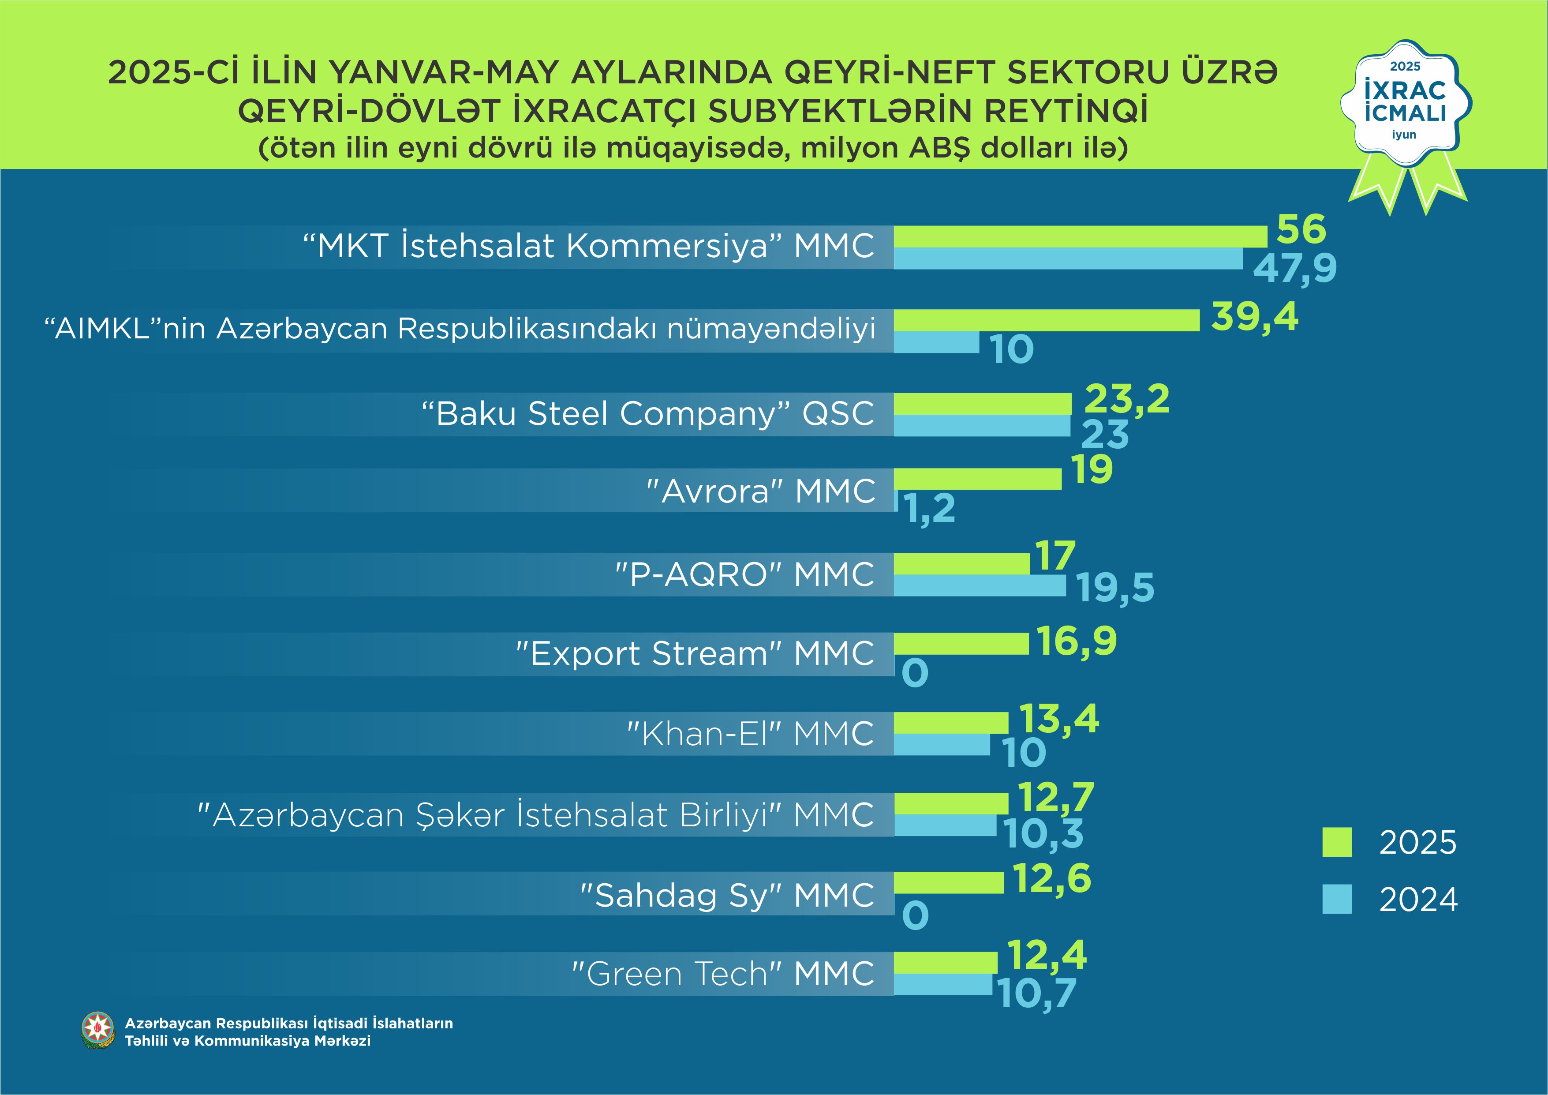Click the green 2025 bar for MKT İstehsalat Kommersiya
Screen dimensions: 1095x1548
(x=1080, y=236)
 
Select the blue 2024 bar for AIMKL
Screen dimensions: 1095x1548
(x=936, y=342)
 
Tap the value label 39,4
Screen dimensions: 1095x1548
(x=1254, y=317)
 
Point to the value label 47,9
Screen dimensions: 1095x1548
(x=1294, y=268)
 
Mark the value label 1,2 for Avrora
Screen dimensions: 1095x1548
(x=931, y=509)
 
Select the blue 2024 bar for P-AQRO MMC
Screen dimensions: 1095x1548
(x=980, y=586)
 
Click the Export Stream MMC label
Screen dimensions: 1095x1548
(x=695, y=653)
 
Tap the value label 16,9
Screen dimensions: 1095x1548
(x=1077, y=641)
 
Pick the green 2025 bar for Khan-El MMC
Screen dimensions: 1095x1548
(x=951, y=723)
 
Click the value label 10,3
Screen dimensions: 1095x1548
(x=1043, y=834)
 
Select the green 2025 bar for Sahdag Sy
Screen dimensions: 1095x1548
(x=949, y=883)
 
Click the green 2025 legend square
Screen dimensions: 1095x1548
(x=1337, y=842)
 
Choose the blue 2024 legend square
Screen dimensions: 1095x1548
(x=1337, y=900)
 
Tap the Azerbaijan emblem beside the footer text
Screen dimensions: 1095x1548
(x=98, y=1030)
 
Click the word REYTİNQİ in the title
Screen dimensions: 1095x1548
(x=1065, y=111)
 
